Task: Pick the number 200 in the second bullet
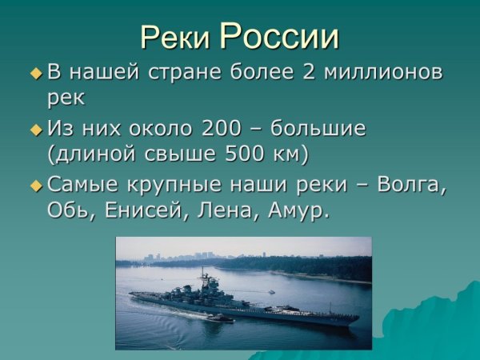(x=225, y=128)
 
